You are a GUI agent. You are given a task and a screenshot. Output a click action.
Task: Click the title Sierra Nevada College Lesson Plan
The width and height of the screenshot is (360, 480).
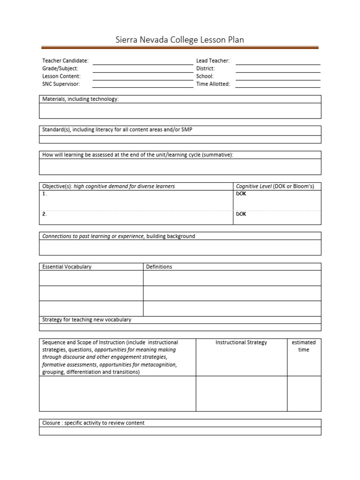click(x=180, y=40)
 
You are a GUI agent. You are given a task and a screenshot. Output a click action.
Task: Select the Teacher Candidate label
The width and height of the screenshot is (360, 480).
click(x=65, y=61)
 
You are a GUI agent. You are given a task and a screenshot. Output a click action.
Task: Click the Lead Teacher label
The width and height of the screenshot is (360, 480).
click(x=212, y=61)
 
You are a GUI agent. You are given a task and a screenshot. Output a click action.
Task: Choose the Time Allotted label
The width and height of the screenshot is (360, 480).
click(x=213, y=84)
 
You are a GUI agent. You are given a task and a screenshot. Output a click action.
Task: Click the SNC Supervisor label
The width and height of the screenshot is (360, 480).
click(x=61, y=84)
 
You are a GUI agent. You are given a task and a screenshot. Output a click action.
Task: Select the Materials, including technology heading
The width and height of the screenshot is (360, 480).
click(x=81, y=99)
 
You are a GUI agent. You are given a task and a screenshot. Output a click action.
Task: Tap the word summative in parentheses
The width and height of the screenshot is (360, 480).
click(x=217, y=155)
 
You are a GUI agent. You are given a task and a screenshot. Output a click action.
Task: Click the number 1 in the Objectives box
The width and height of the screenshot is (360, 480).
click(x=44, y=194)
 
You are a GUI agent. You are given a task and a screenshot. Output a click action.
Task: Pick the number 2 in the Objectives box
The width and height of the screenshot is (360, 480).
click(x=44, y=214)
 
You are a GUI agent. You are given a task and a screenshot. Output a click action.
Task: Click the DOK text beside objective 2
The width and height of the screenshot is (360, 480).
click(x=241, y=214)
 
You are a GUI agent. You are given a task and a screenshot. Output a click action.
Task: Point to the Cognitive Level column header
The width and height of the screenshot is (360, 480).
click(x=275, y=186)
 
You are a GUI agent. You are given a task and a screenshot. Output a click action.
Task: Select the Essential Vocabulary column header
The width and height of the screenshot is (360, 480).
click(x=67, y=267)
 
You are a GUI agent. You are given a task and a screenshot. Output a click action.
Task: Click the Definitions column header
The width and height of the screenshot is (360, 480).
click(x=159, y=267)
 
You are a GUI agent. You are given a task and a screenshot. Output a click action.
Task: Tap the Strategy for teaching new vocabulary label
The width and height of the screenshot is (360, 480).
click(x=87, y=320)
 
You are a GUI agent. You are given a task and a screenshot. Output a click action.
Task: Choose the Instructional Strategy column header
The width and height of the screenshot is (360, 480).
click(x=241, y=343)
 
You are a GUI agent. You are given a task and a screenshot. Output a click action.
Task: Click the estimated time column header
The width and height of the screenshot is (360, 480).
click(x=304, y=346)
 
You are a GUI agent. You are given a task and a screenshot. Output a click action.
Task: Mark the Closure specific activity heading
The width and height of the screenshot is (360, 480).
click(x=93, y=423)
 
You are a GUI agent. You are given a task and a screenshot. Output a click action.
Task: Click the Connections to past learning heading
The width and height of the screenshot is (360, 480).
click(x=119, y=236)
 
